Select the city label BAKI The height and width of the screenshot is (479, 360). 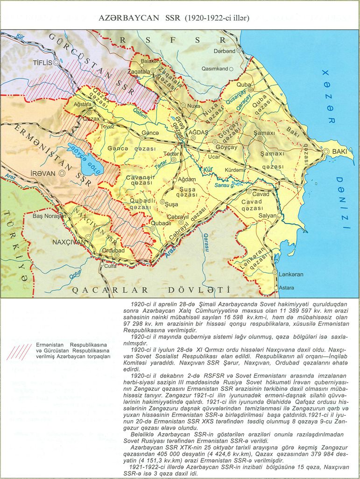tap(339, 152)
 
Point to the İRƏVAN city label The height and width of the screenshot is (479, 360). tap(44, 173)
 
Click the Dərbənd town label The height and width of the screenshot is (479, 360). tap(224, 51)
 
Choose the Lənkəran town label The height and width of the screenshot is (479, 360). tap(291, 275)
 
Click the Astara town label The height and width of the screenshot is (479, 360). tap(286, 288)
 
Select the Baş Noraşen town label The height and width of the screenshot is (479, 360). tap(47, 216)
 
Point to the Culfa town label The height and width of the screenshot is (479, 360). tap(110, 266)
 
